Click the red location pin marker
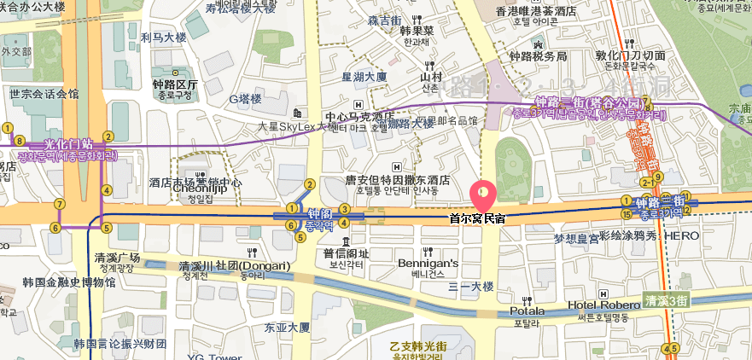tap(482, 195)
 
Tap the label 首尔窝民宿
tap(477, 218)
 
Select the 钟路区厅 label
tap(175, 85)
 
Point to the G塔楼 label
tap(244, 99)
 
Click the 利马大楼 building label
tap(163, 38)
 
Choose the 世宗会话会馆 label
tap(44, 94)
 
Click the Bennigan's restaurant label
tap(428, 264)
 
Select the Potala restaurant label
tap(527, 311)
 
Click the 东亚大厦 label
tap(287, 327)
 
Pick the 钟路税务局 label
tap(538, 57)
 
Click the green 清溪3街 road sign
tap(665, 300)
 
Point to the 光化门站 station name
tap(67, 144)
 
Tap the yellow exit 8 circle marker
tap(17, 141)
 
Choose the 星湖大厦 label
tap(364, 77)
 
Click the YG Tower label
tap(208, 357)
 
